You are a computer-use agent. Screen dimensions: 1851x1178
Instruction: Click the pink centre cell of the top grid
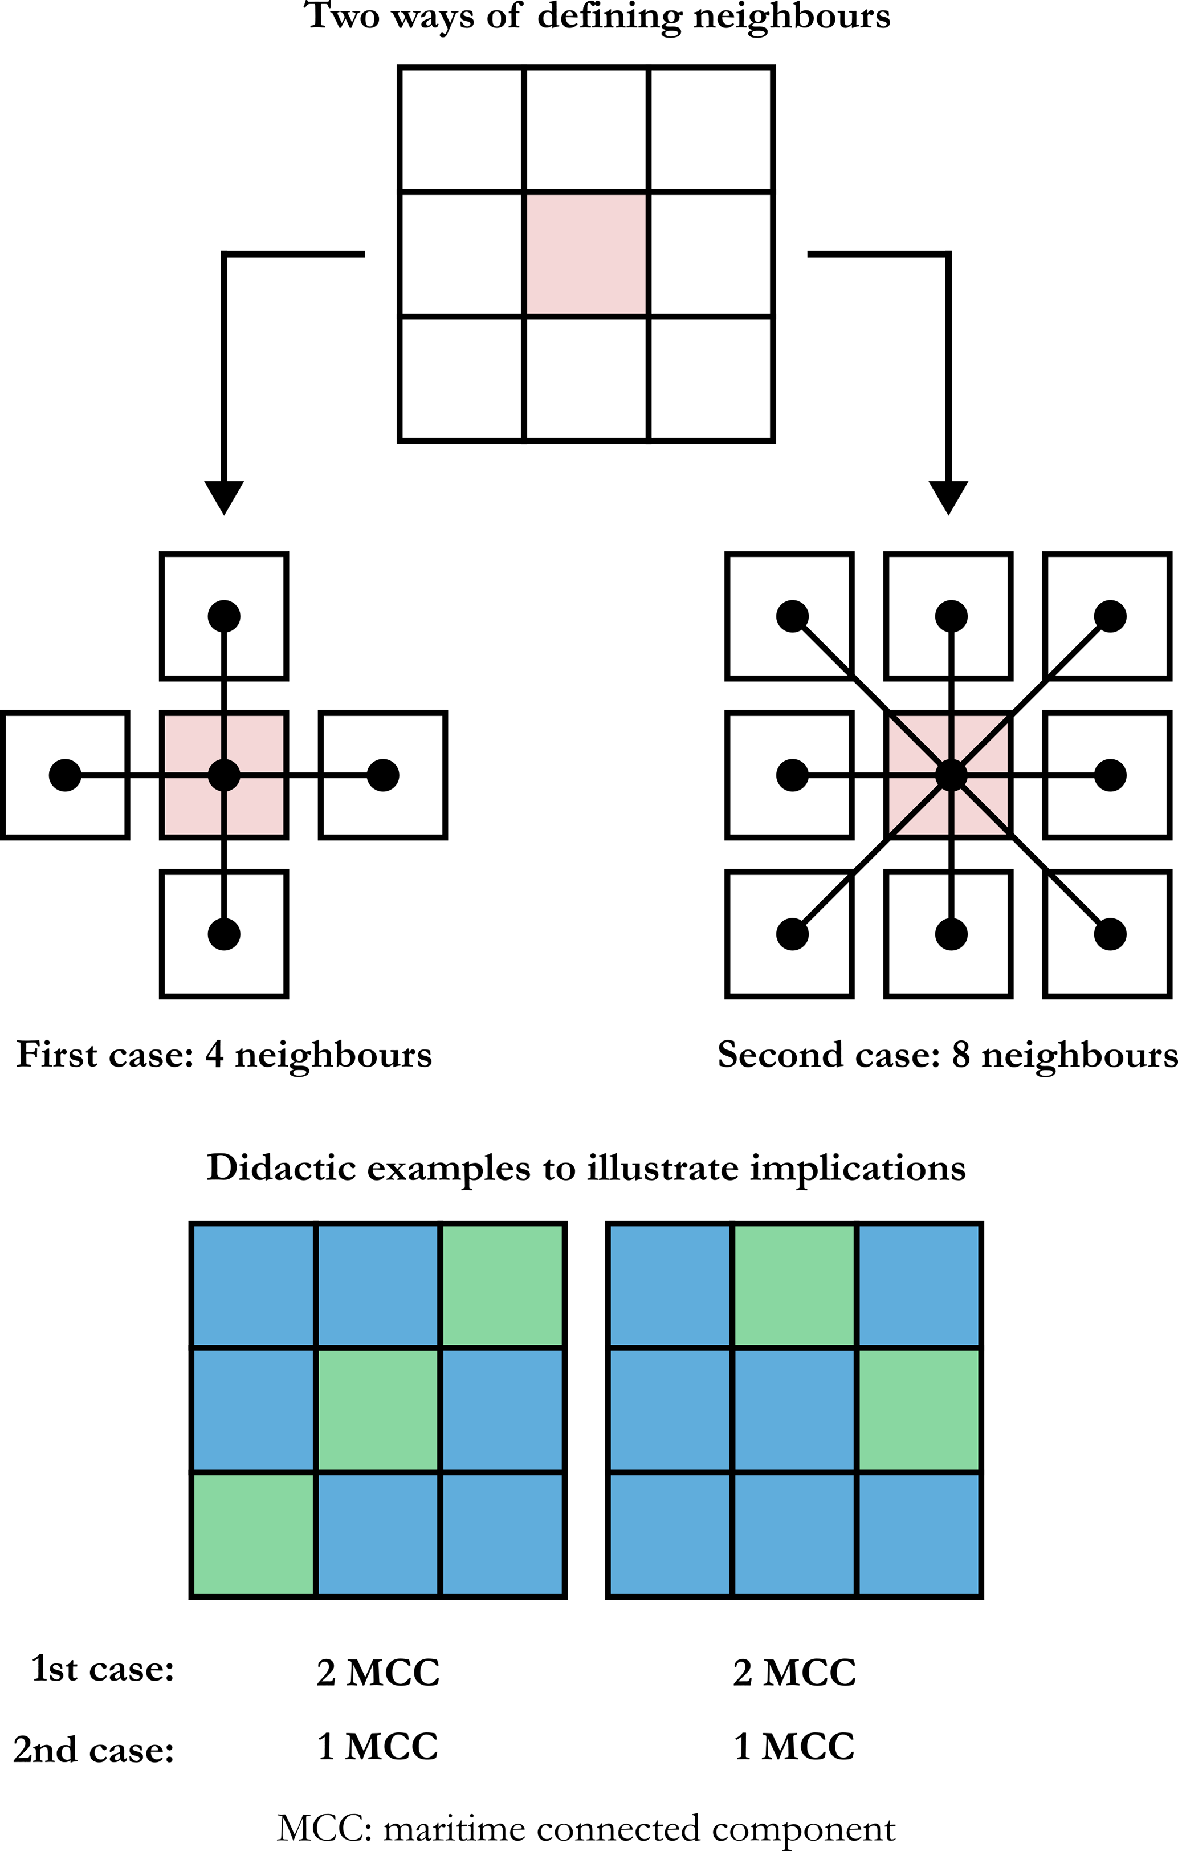pyautogui.click(x=586, y=254)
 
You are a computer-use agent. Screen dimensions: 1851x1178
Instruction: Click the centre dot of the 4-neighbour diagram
pyautogui.click(x=223, y=775)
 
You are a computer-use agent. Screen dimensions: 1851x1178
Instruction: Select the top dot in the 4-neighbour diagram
pyautogui.click(x=223, y=616)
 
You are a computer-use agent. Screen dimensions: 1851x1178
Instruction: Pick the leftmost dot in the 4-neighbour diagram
pyautogui.click(x=64, y=775)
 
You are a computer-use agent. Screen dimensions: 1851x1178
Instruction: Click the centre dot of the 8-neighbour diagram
pyautogui.click(x=951, y=775)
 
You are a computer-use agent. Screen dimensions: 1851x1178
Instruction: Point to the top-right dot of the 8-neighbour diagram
pyautogui.click(x=1110, y=616)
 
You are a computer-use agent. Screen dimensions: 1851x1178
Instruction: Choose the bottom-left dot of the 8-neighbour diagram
pyautogui.click(x=792, y=934)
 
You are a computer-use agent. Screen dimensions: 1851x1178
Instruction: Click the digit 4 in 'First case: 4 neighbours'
pyautogui.click(x=214, y=1055)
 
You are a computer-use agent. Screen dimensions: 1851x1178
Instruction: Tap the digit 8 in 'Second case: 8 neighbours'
pyautogui.click(x=960, y=1055)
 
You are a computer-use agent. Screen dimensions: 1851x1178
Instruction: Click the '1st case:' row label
pyautogui.click(x=102, y=1669)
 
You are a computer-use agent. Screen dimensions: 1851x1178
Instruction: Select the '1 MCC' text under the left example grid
pyautogui.click(x=377, y=1747)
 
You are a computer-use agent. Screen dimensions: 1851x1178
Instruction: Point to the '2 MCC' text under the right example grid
pyautogui.click(x=794, y=1673)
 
